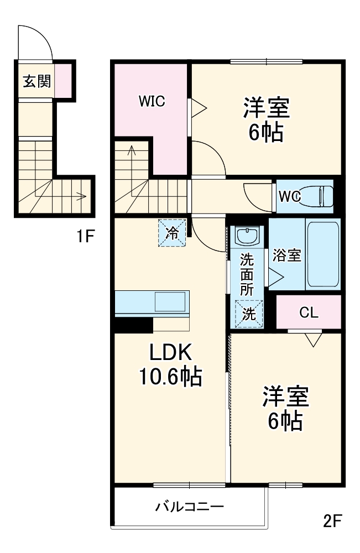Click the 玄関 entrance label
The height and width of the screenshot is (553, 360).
[36, 81]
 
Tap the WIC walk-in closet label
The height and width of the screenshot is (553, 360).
[152, 102]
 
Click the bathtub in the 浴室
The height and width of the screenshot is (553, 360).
[322, 254]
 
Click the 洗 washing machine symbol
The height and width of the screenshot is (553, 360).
[249, 314]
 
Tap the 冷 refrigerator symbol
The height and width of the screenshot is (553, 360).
[173, 232]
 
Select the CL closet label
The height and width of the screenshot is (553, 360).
[309, 312]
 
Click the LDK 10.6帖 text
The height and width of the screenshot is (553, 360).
[170, 365]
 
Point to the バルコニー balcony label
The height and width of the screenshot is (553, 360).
[189, 507]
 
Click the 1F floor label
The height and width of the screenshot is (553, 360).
[87, 238]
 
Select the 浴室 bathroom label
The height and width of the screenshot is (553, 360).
[286, 255]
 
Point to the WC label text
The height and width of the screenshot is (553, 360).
[290, 196]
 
